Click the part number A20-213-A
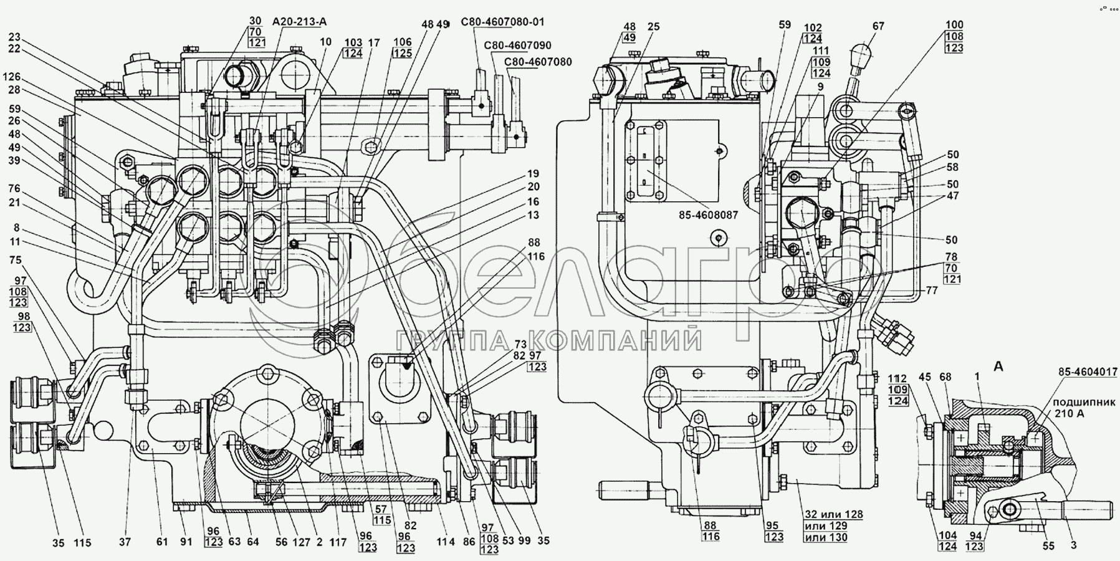click(x=299, y=22)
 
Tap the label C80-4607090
click(x=518, y=46)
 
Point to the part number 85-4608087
click(x=709, y=214)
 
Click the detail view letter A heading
click(x=998, y=367)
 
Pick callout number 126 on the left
click(x=12, y=77)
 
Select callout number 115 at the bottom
click(x=83, y=542)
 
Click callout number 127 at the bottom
click(x=302, y=542)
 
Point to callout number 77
click(x=931, y=290)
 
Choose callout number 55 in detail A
click(x=1048, y=545)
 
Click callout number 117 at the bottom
click(x=337, y=542)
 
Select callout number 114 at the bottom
click(x=445, y=542)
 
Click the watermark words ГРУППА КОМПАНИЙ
click(x=549, y=342)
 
